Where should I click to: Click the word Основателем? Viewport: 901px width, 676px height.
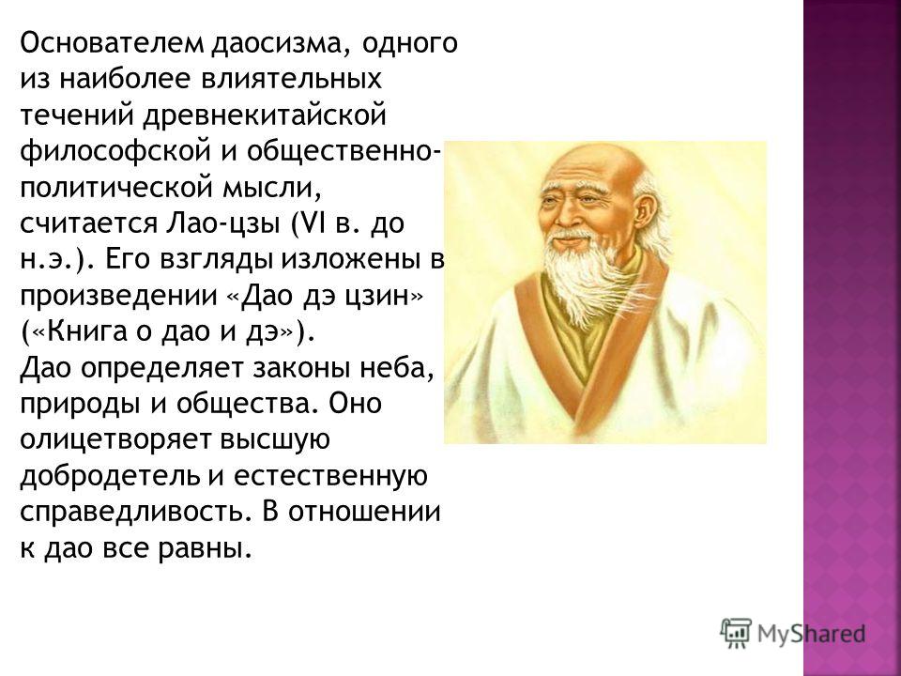pyautogui.click(x=112, y=43)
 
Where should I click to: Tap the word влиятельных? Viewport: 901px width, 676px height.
pyautogui.click(x=290, y=79)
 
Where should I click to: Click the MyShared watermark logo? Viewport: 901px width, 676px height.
pyautogui.click(x=792, y=634)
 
